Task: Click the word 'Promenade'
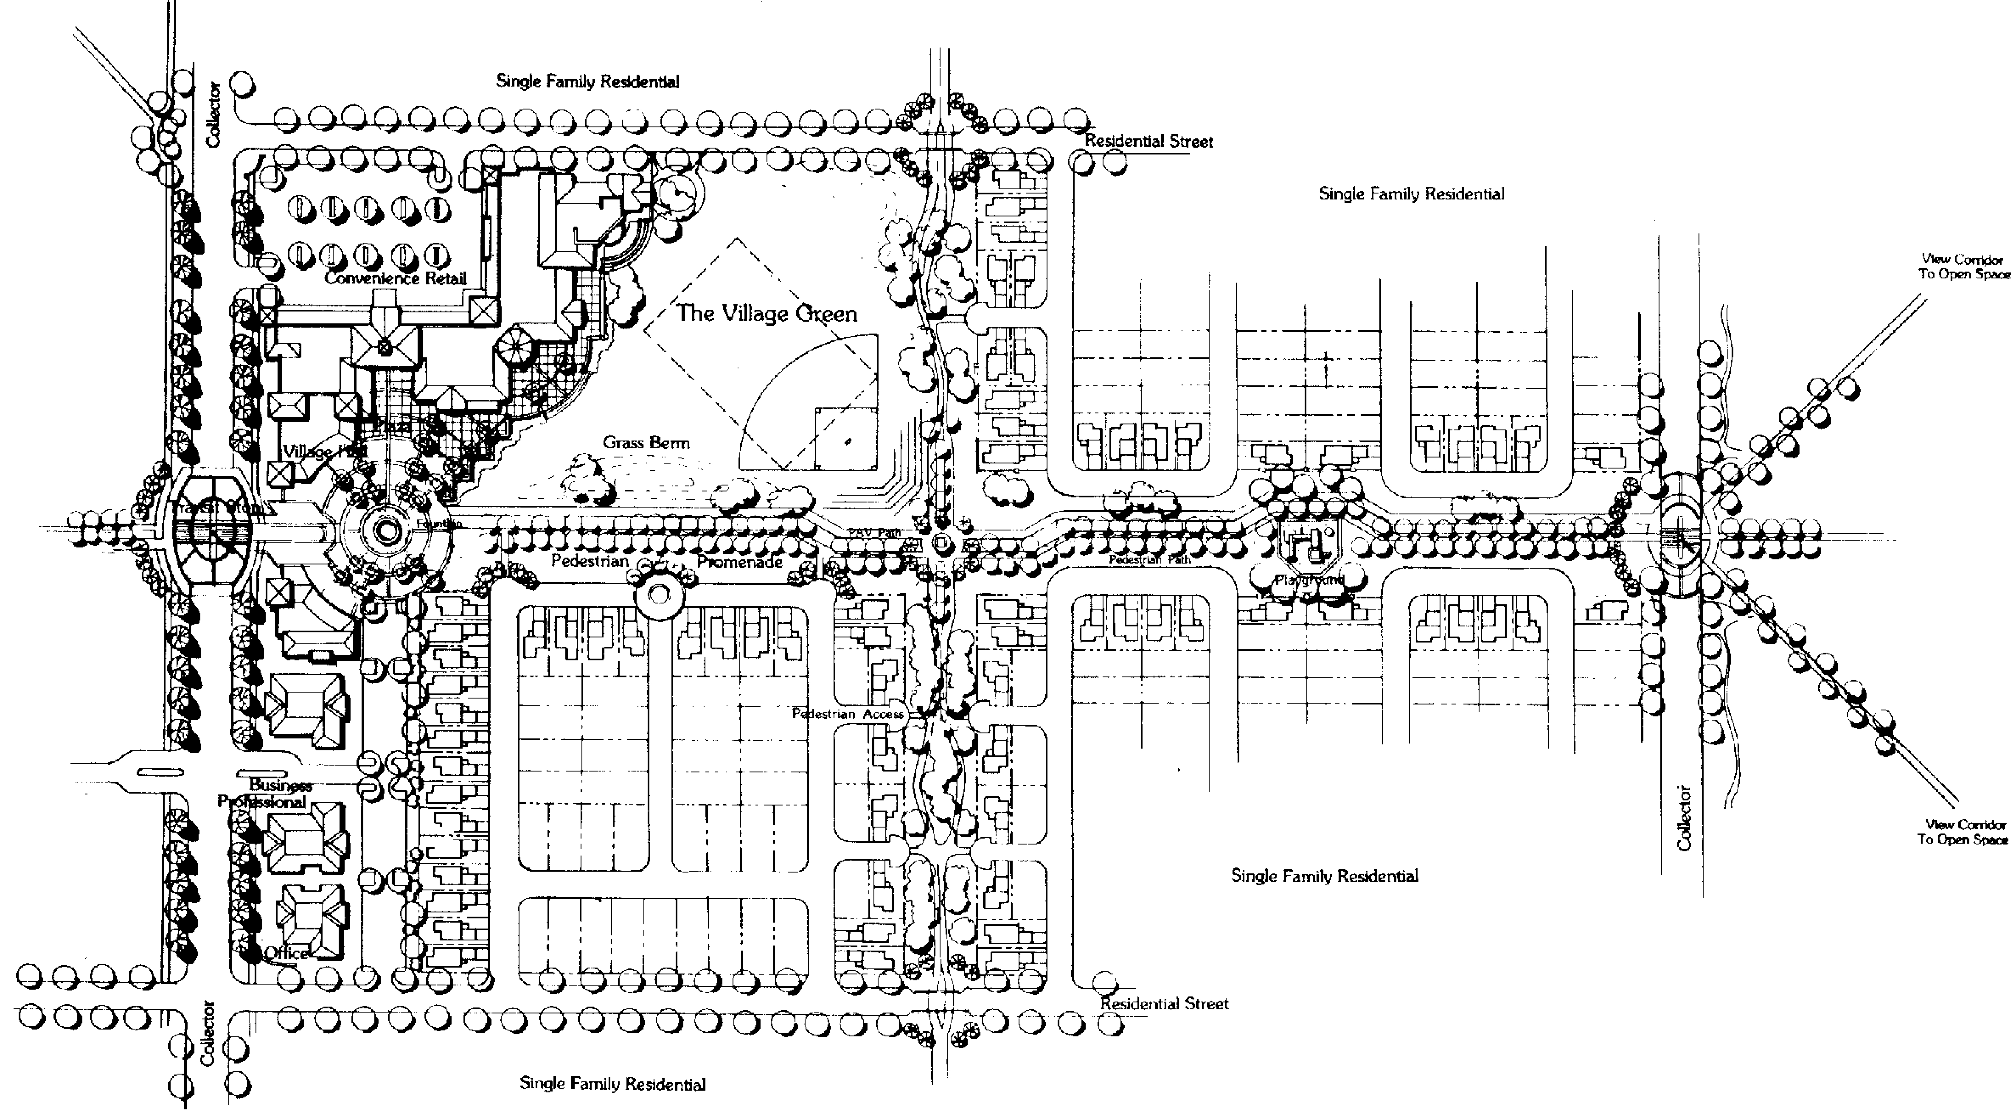point(740,562)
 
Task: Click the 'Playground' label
point(1308,580)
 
